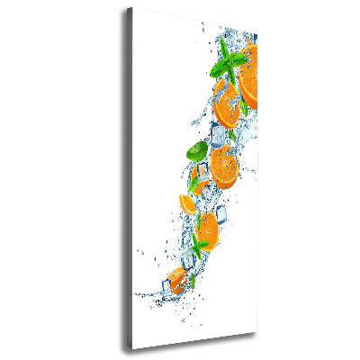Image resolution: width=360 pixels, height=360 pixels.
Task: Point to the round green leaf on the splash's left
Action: point(194,151)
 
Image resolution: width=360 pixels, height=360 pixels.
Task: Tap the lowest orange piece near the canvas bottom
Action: point(176,274)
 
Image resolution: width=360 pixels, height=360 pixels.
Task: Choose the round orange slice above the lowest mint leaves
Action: point(205,226)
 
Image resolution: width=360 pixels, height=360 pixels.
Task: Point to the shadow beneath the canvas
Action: point(198,353)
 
